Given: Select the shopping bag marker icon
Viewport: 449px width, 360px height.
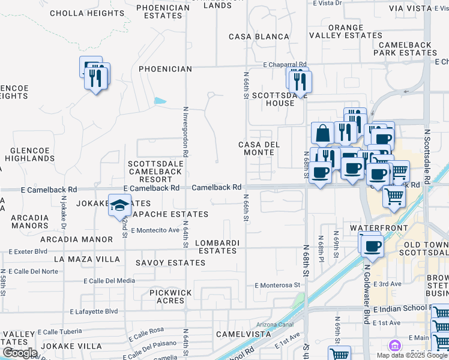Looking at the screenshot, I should (322, 134).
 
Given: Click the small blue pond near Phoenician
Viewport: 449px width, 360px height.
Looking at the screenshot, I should (160, 101).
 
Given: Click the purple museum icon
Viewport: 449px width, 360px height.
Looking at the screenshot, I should (394, 346).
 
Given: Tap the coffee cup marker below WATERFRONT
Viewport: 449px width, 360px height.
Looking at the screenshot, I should (370, 245).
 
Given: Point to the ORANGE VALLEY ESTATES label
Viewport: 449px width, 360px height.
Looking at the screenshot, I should (346, 31).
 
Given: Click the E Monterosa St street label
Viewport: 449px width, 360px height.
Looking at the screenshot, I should (277, 285).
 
